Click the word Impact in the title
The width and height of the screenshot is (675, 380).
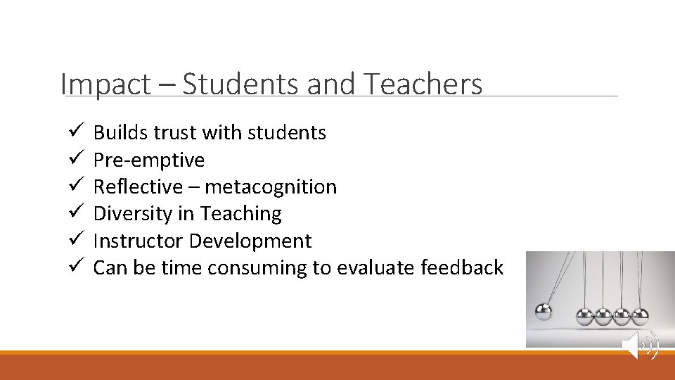click(105, 84)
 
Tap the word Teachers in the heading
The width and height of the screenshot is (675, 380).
click(423, 84)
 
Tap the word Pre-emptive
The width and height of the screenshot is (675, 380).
click(149, 160)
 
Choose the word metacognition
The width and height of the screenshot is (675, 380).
click(271, 187)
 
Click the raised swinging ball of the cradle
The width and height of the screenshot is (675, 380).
click(544, 311)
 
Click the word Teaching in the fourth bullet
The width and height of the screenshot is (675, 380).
click(240, 214)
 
